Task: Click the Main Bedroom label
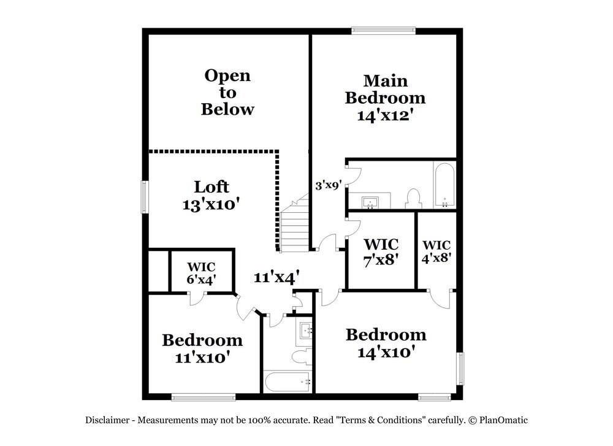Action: coord(385,98)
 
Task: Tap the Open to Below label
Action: coord(227,93)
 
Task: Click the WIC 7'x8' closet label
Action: coord(381,252)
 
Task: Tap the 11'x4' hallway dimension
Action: coord(276,277)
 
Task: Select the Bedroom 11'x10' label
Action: coord(202,348)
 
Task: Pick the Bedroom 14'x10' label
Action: coord(386,343)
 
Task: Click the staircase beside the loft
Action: coord(295,224)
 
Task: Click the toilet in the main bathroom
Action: coord(413,198)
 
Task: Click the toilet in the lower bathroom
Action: coord(302,356)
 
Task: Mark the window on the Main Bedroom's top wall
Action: coord(383,29)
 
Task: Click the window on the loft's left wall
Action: coord(145,197)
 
